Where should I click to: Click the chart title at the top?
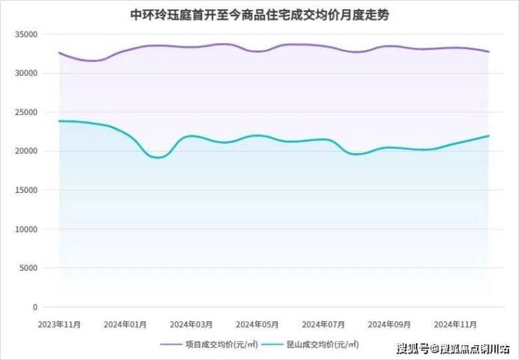coord(259,15)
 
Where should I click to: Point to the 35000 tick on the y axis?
coord(26,34)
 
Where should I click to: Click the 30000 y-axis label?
coord(26,74)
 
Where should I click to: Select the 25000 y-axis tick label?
coord(26,112)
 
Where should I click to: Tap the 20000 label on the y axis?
coord(26,152)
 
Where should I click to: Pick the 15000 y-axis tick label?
coord(26,190)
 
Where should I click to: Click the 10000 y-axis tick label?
coord(26,229)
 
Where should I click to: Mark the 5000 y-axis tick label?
coord(28,268)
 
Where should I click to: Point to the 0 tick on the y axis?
coord(34,307)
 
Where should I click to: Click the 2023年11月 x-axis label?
coord(59,324)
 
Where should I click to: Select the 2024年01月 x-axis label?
coord(125,324)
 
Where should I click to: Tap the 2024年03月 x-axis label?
coord(191,324)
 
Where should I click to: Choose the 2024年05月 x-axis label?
coord(257,324)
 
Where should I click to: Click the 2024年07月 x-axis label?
coord(323,324)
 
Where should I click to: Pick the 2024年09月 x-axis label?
coord(390,324)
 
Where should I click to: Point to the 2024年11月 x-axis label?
coord(456,324)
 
